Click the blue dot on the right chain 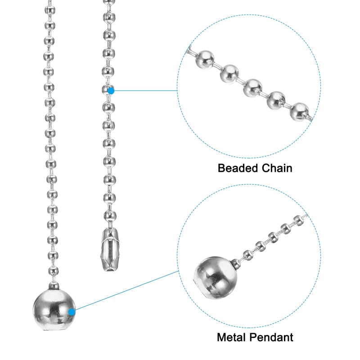pos(111,90)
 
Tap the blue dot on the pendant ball pos(72,311)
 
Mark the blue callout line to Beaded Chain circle pos(144,90)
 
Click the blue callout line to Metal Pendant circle pos(126,291)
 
